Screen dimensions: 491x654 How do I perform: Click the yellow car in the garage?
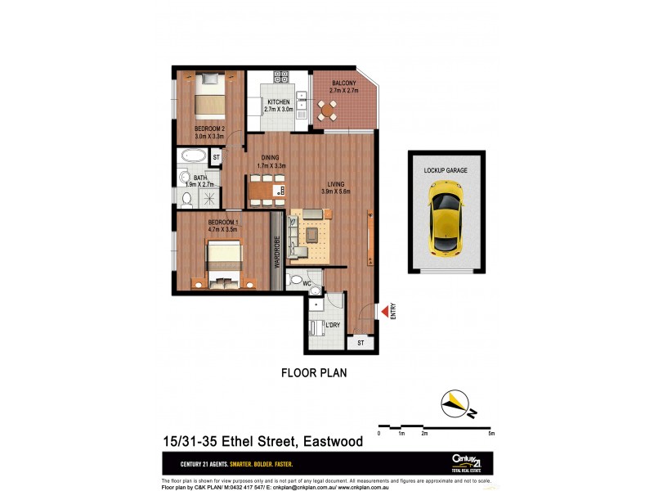point(446,217)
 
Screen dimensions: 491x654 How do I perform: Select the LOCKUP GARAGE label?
point(446,170)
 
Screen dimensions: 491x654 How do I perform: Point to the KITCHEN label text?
point(279,101)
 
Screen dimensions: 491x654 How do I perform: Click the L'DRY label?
point(332,326)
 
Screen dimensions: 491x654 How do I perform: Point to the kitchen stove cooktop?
point(282,77)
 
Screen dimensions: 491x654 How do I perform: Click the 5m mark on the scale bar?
point(490,433)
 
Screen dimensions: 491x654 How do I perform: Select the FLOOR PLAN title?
point(314,373)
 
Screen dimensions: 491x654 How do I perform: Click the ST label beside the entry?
point(361,344)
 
